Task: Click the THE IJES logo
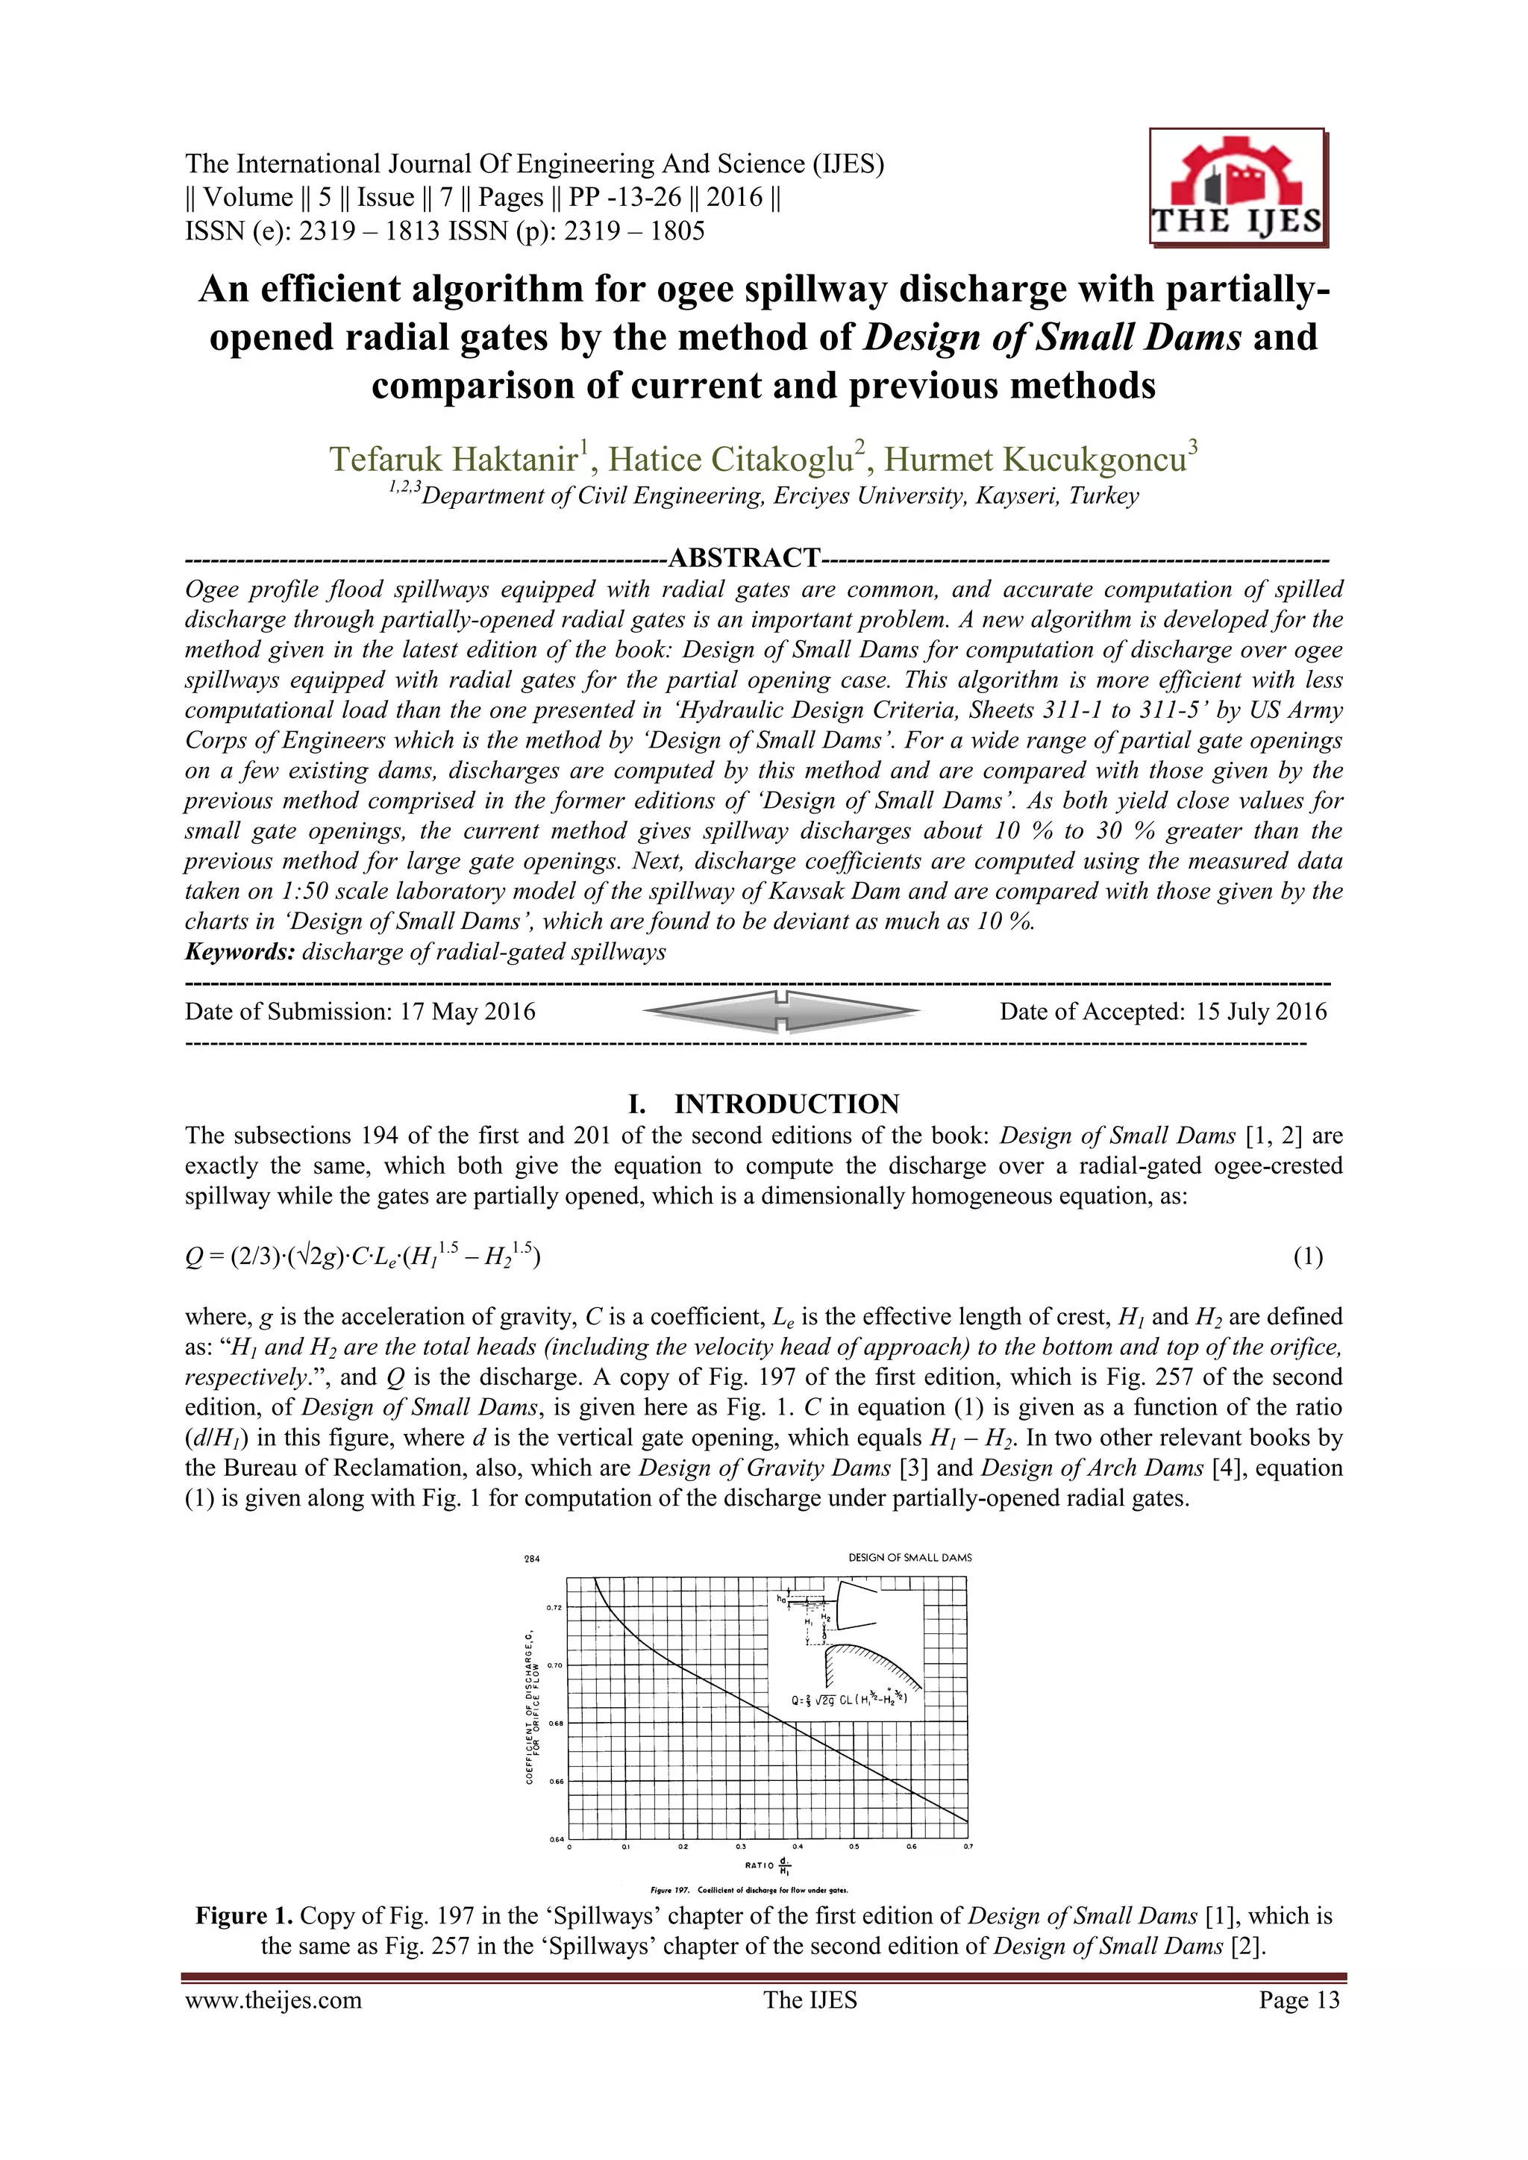point(1237,188)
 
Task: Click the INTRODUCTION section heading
point(786,1104)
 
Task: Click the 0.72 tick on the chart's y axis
point(554,1607)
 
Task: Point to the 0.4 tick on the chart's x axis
point(797,1846)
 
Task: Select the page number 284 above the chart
point(532,1559)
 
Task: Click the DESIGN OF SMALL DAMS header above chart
point(909,1558)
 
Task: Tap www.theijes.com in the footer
point(273,2000)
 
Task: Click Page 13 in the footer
point(1298,2000)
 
